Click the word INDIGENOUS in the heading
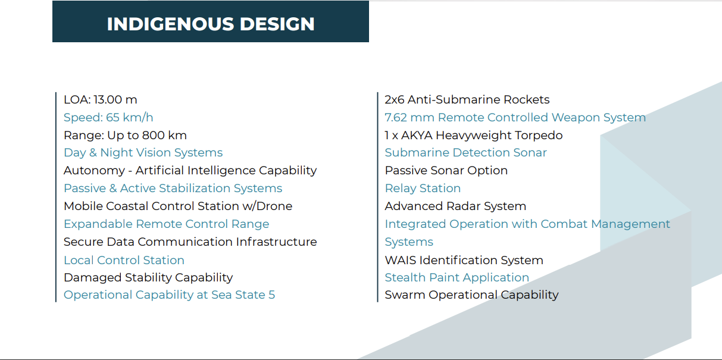click(170, 24)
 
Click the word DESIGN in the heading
click(277, 24)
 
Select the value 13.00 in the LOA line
click(107, 99)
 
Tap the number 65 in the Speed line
click(112, 117)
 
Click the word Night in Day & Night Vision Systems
click(116, 153)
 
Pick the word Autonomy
click(94, 171)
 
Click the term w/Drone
click(267, 206)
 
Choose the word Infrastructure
click(276, 242)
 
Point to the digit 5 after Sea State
click(271, 295)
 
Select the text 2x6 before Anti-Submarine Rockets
click(395, 99)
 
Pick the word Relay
click(401, 188)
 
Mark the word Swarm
click(405, 295)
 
